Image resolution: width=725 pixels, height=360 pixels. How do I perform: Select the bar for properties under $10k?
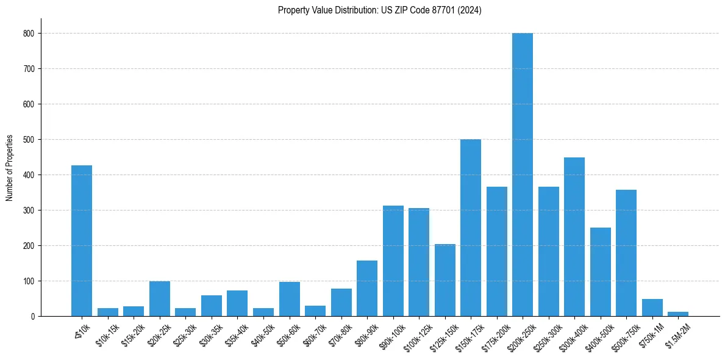(82, 241)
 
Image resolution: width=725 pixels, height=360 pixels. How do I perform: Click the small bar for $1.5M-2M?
(678, 314)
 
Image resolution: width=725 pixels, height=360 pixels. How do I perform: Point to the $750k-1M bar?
(652, 308)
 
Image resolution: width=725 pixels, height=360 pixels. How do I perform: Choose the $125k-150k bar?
(445, 280)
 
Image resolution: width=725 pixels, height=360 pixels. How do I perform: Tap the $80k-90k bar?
(367, 289)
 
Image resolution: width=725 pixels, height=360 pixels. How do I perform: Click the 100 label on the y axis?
(29, 281)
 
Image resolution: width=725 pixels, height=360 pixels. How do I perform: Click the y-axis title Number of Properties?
(10, 168)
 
